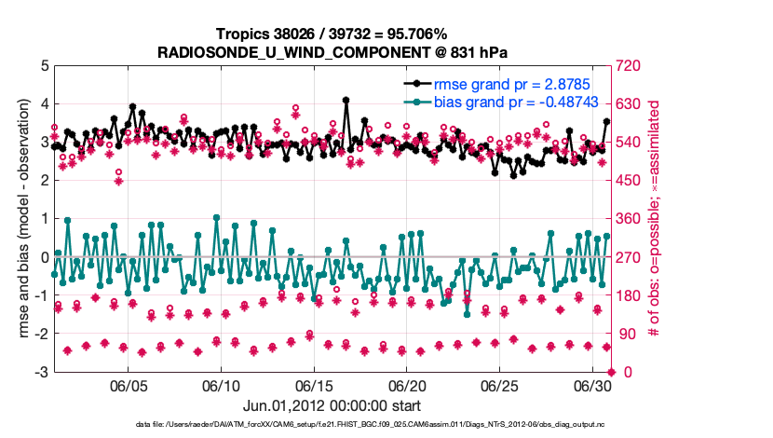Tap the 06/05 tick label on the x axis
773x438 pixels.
(129, 386)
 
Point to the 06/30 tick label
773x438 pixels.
(592, 386)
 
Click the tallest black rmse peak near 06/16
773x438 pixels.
(346, 100)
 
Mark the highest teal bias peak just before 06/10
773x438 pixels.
(216, 218)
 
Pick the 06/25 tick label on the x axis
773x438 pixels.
(500, 386)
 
